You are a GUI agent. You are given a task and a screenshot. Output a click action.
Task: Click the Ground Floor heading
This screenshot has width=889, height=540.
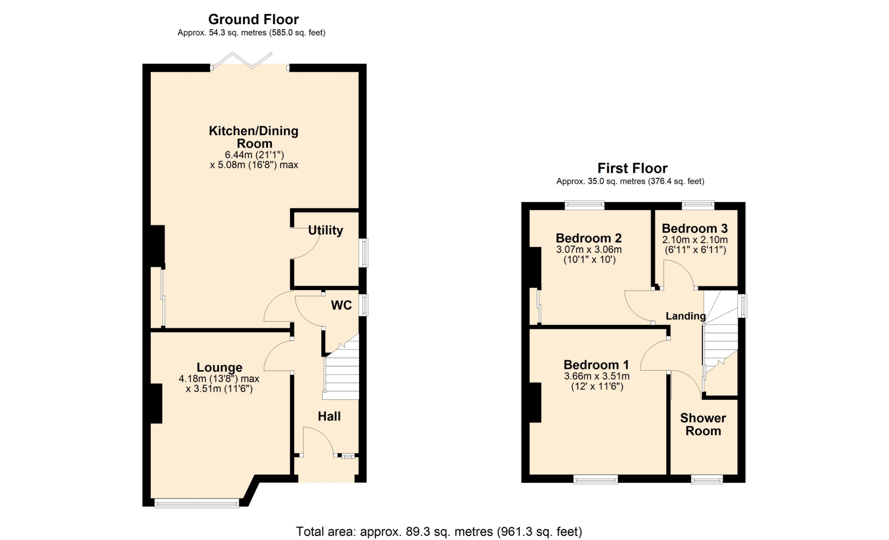[253, 19]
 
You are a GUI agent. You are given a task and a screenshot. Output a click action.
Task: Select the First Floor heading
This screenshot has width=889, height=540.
[632, 168]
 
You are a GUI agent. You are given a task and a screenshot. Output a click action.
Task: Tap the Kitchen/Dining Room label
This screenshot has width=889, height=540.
[254, 137]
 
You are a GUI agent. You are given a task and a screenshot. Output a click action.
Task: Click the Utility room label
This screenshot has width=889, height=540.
[326, 230]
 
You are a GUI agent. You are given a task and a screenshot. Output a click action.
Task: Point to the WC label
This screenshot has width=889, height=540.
[341, 305]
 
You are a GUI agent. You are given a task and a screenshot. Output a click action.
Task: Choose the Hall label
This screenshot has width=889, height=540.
[329, 416]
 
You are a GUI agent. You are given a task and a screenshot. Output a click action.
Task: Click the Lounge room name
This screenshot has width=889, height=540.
[219, 367]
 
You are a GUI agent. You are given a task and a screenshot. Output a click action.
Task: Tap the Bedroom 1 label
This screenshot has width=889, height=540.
[596, 365]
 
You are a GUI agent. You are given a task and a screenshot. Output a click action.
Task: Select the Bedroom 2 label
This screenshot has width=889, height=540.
[588, 238]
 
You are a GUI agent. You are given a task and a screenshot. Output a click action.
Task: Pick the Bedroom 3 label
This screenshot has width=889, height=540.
[695, 228]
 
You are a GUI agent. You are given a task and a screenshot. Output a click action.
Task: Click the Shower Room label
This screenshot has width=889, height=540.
[703, 424]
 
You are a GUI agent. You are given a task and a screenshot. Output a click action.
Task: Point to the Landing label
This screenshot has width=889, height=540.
[686, 316]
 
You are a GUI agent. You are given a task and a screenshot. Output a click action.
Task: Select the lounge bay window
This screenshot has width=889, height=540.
[197, 503]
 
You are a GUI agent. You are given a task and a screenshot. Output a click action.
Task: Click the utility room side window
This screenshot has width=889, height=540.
[364, 253]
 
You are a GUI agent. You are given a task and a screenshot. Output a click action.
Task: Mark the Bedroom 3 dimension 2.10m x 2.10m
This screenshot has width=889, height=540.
[695, 240]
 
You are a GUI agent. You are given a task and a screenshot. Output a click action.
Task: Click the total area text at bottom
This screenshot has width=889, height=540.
[439, 532]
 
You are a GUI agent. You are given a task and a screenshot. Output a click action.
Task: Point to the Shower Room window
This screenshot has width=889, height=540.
[707, 479]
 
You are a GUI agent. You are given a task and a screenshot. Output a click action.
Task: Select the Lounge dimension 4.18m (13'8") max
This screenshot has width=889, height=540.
[219, 379]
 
